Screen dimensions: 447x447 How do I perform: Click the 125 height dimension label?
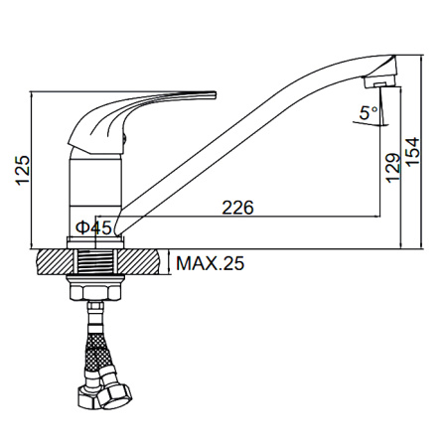pos(23,170)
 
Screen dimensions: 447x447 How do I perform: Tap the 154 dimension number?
pos(412,152)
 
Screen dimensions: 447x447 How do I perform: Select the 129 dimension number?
pos(393,168)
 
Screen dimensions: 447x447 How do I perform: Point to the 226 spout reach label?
pos(237,208)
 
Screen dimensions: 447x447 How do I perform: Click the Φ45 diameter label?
pos(93,227)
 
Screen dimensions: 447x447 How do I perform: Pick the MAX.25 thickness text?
pos(211,263)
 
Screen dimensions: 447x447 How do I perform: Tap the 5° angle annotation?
pos(368,113)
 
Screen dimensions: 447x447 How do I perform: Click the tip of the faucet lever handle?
pos(215,94)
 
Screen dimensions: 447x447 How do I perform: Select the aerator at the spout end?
pos(380,81)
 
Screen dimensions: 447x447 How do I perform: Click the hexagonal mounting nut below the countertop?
pos(95,292)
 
